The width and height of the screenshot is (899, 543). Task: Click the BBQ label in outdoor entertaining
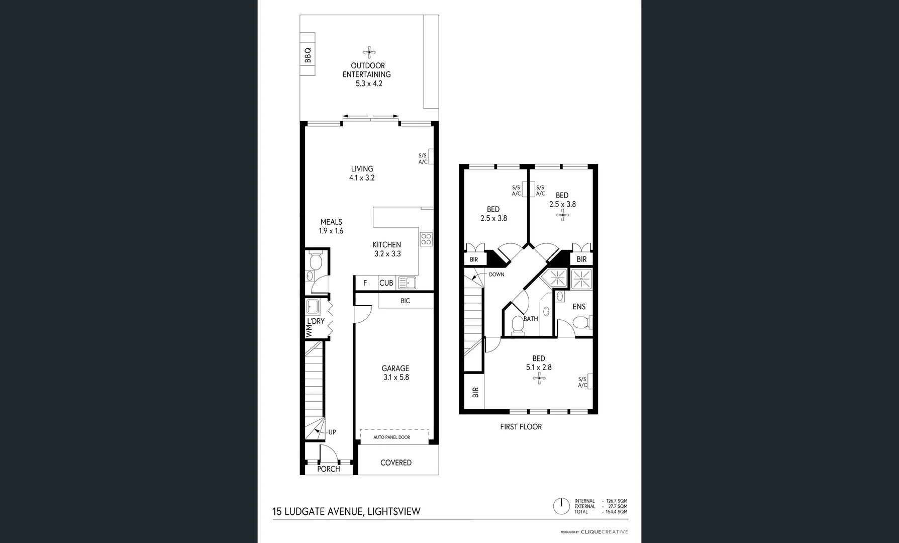pyautogui.click(x=308, y=54)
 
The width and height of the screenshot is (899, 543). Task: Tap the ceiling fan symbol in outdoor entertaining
pyautogui.click(x=369, y=51)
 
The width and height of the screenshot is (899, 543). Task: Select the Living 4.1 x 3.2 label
pyautogui.click(x=362, y=173)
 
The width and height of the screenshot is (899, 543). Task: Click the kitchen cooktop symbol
pyautogui.click(x=426, y=239)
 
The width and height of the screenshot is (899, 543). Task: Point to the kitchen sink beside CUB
pyautogui.click(x=407, y=283)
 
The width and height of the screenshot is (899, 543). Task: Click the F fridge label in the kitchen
pyautogui.click(x=365, y=283)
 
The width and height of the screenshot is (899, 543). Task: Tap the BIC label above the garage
pyautogui.click(x=405, y=301)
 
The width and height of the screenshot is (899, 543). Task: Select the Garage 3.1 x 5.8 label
pyautogui.click(x=395, y=373)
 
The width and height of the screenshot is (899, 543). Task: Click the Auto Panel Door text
pyautogui.click(x=391, y=437)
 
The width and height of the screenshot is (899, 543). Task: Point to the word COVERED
pyautogui.click(x=395, y=463)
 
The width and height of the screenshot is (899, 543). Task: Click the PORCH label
pyautogui.click(x=329, y=469)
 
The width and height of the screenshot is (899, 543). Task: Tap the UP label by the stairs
pyautogui.click(x=332, y=432)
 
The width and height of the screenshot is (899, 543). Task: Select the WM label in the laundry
pyautogui.click(x=309, y=331)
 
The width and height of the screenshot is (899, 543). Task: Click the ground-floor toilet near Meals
pyautogui.click(x=316, y=262)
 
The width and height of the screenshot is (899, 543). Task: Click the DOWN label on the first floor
pyautogui.click(x=496, y=275)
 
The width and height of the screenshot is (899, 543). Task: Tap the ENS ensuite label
pyautogui.click(x=579, y=307)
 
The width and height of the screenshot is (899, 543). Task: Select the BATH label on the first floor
pyautogui.click(x=531, y=319)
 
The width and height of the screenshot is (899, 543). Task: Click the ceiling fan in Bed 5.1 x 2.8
pyautogui.click(x=539, y=378)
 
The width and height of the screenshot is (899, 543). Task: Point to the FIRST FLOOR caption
pyautogui.click(x=521, y=427)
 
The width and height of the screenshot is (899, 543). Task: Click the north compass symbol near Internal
pyautogui.click(x=561, y=506)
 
